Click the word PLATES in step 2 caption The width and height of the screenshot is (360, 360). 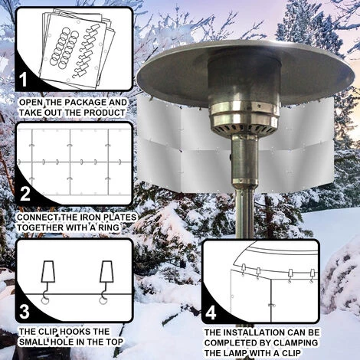pos(108,217)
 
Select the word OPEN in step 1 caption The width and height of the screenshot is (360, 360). pos(29,101)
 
